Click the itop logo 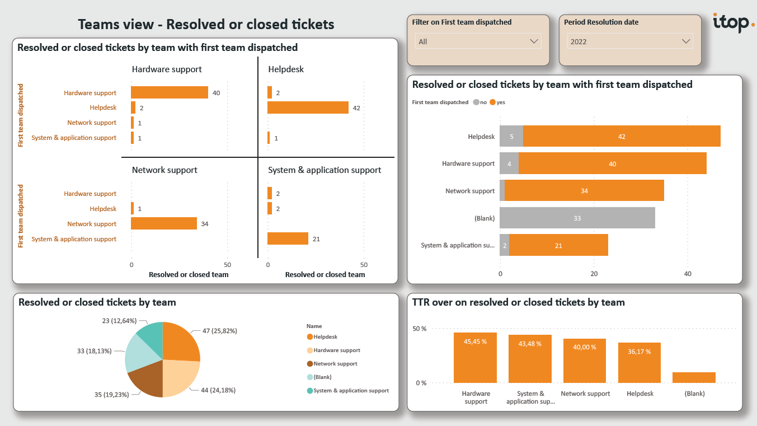click(733, 23)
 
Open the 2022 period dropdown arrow click(685, 41)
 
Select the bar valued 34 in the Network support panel click(164, 224)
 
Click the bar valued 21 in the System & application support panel click(288, 239)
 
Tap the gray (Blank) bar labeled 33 click(577, 218)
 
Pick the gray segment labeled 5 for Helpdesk click(511, 137)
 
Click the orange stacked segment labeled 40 click(612, 164)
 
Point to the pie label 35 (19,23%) click(112, 395)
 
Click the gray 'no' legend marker click(476, 102)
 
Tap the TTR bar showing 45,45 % click(475, 358)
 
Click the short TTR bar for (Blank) click(694, 377)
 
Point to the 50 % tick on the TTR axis click(420, 329)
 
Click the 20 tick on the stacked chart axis click(594, 274)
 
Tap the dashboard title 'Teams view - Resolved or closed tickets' click(206, 24)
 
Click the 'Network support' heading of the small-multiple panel click(164, 170)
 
